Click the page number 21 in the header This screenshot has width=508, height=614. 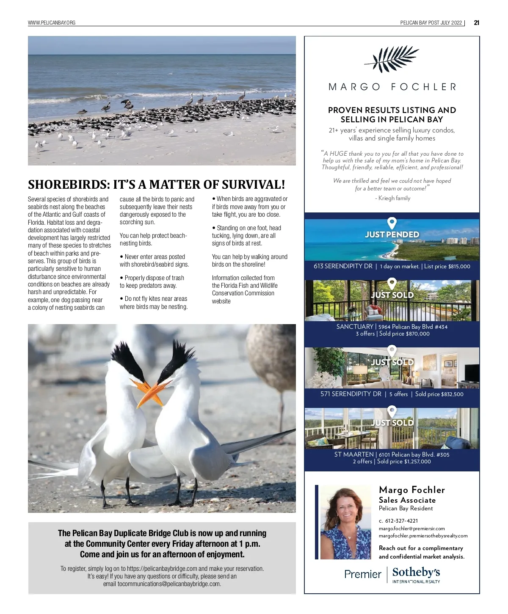[476, 23]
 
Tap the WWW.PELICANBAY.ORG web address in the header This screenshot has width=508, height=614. [52, 23]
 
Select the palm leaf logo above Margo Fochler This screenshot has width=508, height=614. [392, 59]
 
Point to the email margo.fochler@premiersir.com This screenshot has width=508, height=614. [411, 529]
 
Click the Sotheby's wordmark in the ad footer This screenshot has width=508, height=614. [416, 573]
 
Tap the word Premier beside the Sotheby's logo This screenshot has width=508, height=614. [363, 574]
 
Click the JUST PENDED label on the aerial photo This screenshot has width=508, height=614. [392, 234]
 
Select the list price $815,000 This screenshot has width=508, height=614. [459, 267]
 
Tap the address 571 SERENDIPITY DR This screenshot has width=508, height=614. [351, 394]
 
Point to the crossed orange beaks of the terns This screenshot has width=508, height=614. [151, 390]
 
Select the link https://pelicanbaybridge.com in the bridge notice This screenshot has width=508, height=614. [162, 569]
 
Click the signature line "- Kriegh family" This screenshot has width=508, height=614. [392, 198]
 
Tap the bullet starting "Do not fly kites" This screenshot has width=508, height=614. [153, 303]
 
